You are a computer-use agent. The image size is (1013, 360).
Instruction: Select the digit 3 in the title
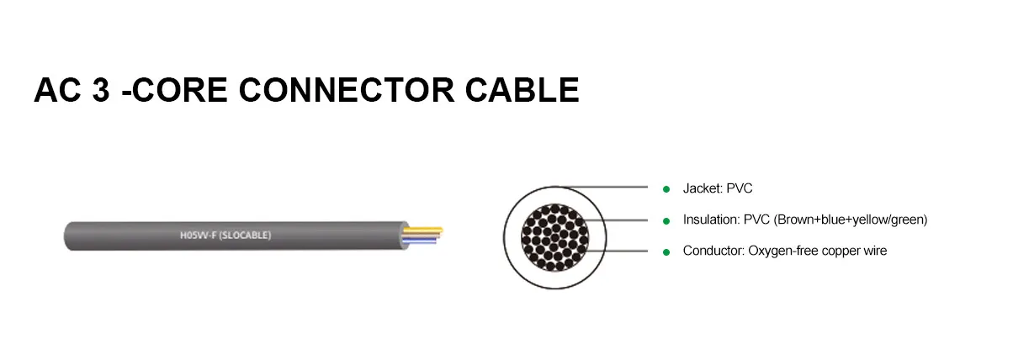point(101,90)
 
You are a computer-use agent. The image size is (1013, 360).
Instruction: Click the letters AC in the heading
point(57,90)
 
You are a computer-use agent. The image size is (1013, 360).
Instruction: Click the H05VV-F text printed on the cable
point(199,236)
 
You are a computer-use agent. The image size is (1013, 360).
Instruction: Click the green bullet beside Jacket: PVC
point(666,188)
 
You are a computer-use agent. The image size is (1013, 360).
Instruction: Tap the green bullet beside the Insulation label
point(666,220)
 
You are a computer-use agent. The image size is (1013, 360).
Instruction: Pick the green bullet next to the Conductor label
point(666,251)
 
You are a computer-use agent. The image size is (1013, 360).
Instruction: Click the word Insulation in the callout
point(709,220)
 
